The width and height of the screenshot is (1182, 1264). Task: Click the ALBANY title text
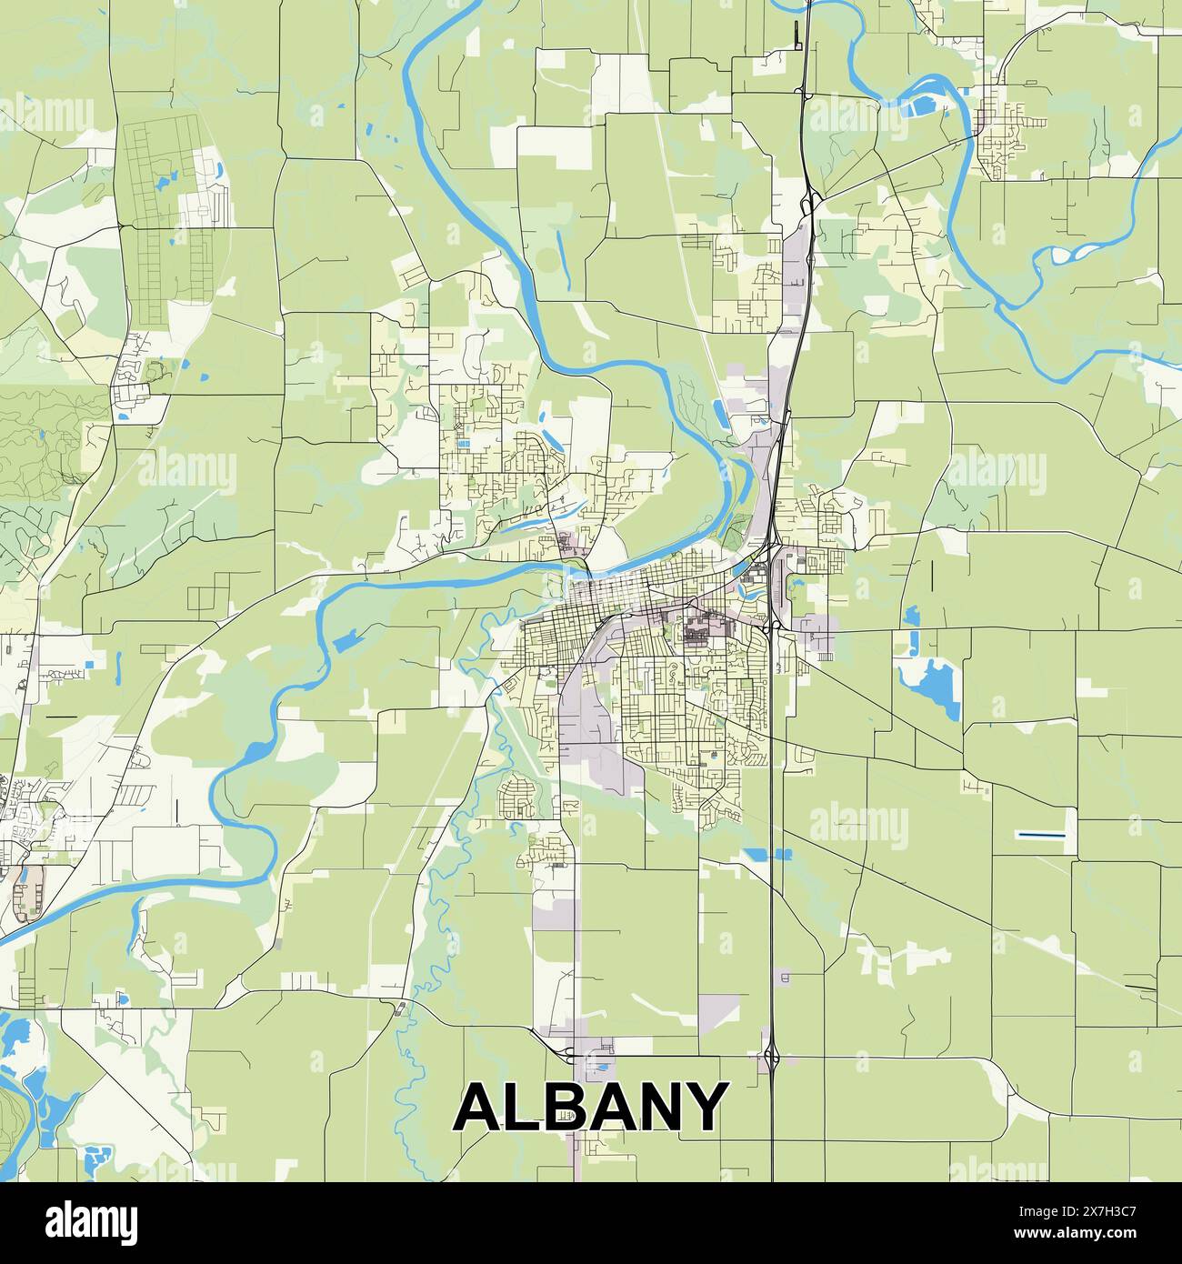(x=591, y=1107)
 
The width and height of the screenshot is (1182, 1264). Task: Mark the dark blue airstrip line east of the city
(x=1040, y=834)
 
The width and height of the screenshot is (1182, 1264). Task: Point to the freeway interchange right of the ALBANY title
(x=771, y=1057)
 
